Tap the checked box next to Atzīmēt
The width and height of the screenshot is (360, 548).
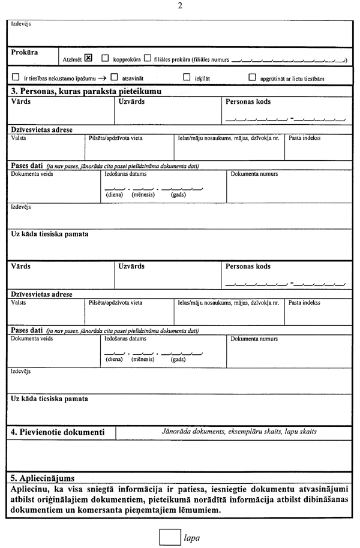point(89,58)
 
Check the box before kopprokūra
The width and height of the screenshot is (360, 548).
point(105,59)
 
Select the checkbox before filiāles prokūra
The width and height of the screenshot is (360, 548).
point(147,59)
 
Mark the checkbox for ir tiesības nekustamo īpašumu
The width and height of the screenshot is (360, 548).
point(16,77)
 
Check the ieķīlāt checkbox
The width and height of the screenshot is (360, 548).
point(186,77)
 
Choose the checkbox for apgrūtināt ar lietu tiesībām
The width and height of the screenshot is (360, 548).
point(252,77)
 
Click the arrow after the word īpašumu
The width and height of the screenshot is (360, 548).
point(103,78)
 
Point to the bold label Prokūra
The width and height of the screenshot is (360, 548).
point(25,53)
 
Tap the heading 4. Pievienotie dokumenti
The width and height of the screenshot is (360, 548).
point(58,432)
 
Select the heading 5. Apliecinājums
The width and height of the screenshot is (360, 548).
point(43,478)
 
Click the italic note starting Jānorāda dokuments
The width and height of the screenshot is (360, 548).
point(239,432)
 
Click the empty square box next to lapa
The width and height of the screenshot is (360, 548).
point(170,536)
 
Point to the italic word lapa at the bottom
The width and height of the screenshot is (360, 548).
point(192,537)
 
